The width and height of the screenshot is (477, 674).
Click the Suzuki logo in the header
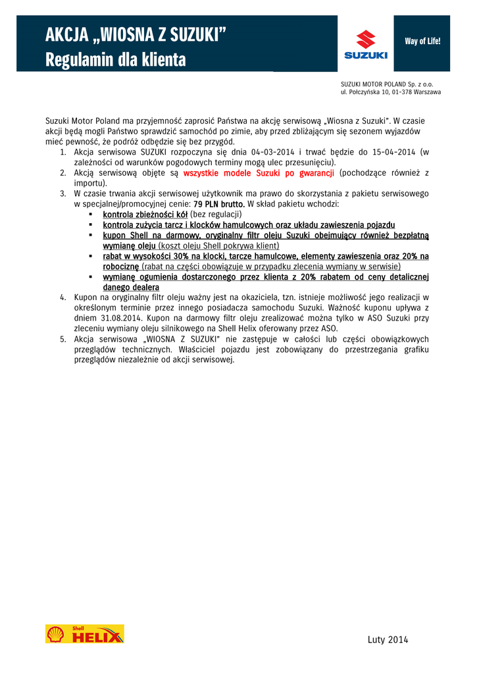pos(366,44)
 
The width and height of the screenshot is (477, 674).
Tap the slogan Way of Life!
pos(422,41)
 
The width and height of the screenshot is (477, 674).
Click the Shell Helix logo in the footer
pos(84,633)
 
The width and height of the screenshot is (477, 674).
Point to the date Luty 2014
pos(389,639)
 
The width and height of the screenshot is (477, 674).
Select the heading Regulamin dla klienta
pos(116,61)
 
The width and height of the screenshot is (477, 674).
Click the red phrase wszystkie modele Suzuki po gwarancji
pos(259,173)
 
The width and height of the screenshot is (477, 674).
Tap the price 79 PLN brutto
pos(219,204)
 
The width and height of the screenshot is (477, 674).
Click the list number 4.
pos(63,298)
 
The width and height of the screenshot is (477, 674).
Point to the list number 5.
pos(63,339)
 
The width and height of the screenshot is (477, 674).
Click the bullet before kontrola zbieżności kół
pos(90,215)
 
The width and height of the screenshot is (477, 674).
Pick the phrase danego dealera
pos(131,288)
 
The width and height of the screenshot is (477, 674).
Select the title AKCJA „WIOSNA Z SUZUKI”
pos(135,34)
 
